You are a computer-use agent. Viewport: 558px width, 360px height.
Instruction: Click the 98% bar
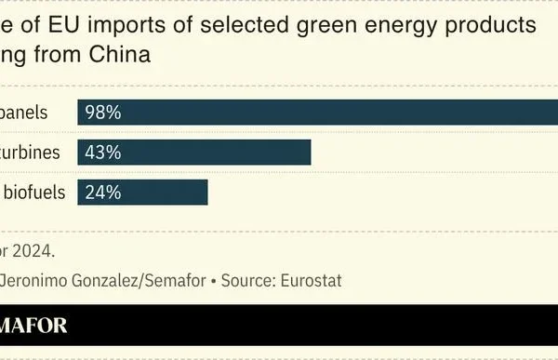(317, 112)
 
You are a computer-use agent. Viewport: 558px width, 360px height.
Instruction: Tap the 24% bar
(142, 193)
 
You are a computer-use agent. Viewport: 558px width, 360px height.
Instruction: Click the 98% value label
(102, 113)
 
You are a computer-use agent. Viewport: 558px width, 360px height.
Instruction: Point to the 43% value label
(102, 153)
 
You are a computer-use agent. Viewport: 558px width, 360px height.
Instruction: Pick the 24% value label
(102, 193)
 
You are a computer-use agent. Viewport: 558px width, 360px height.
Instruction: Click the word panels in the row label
(24, 113)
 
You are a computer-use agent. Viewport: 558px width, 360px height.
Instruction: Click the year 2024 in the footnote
(33, 249)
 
